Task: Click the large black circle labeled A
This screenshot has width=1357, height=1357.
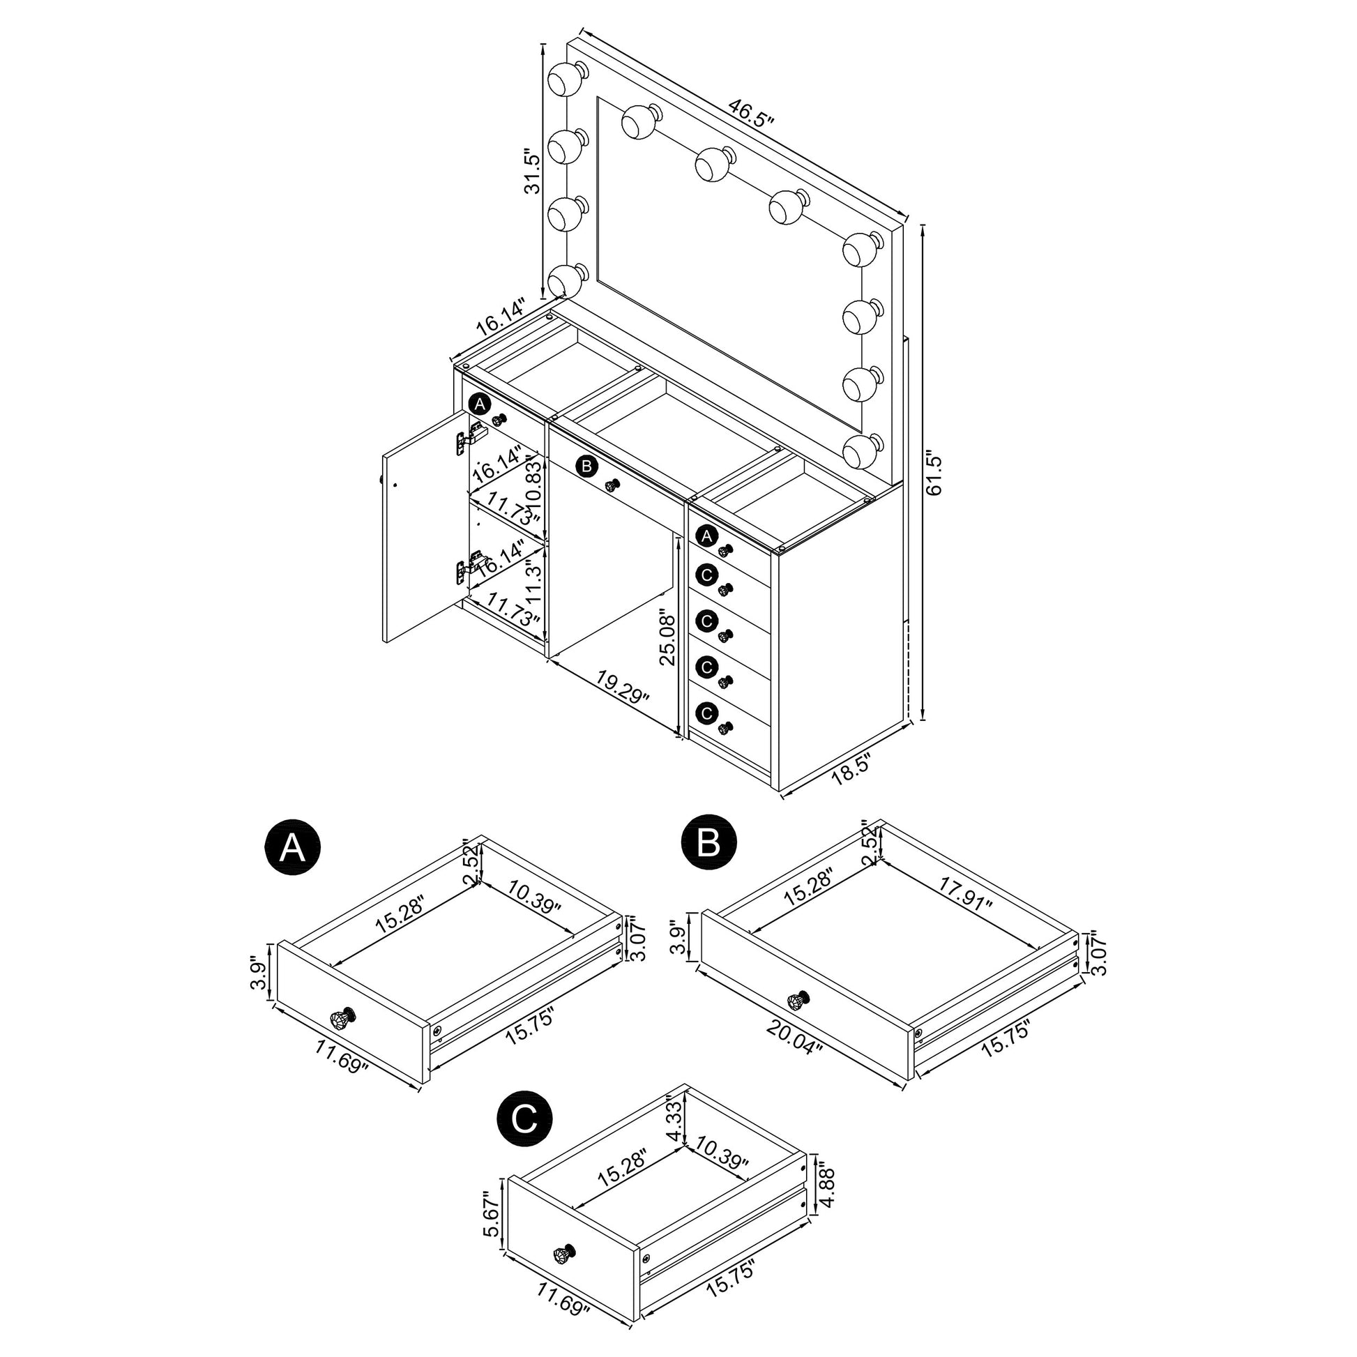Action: click(x=292, y=848)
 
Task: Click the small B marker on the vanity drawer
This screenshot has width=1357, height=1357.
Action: click(x=586, y=466)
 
